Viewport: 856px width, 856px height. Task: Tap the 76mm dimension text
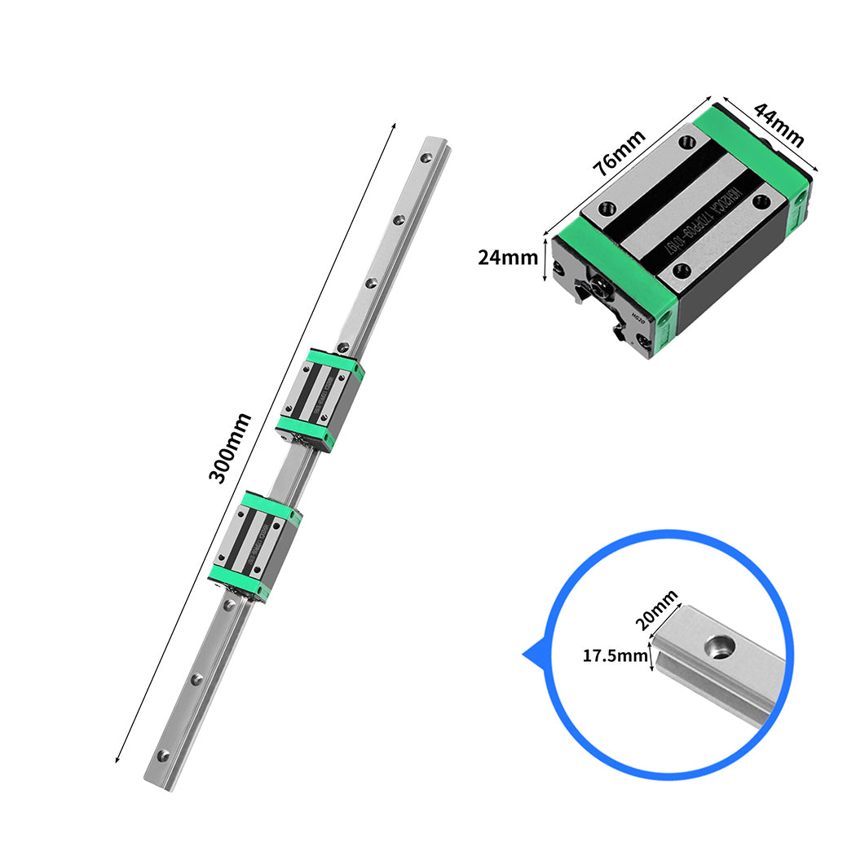click(x=619, y=152)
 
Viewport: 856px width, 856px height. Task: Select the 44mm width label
click(x=778, y=124)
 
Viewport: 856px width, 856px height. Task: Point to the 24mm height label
click(x=508, y=258)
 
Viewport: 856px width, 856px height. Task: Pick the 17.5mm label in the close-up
click(x=616, y=655)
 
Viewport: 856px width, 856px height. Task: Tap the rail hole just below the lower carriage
click(x=231, y=607)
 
